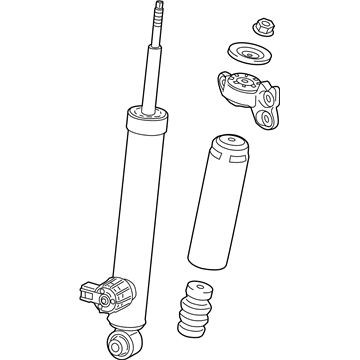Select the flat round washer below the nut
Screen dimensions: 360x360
[243, 55]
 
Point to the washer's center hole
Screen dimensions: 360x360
[243, 54]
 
